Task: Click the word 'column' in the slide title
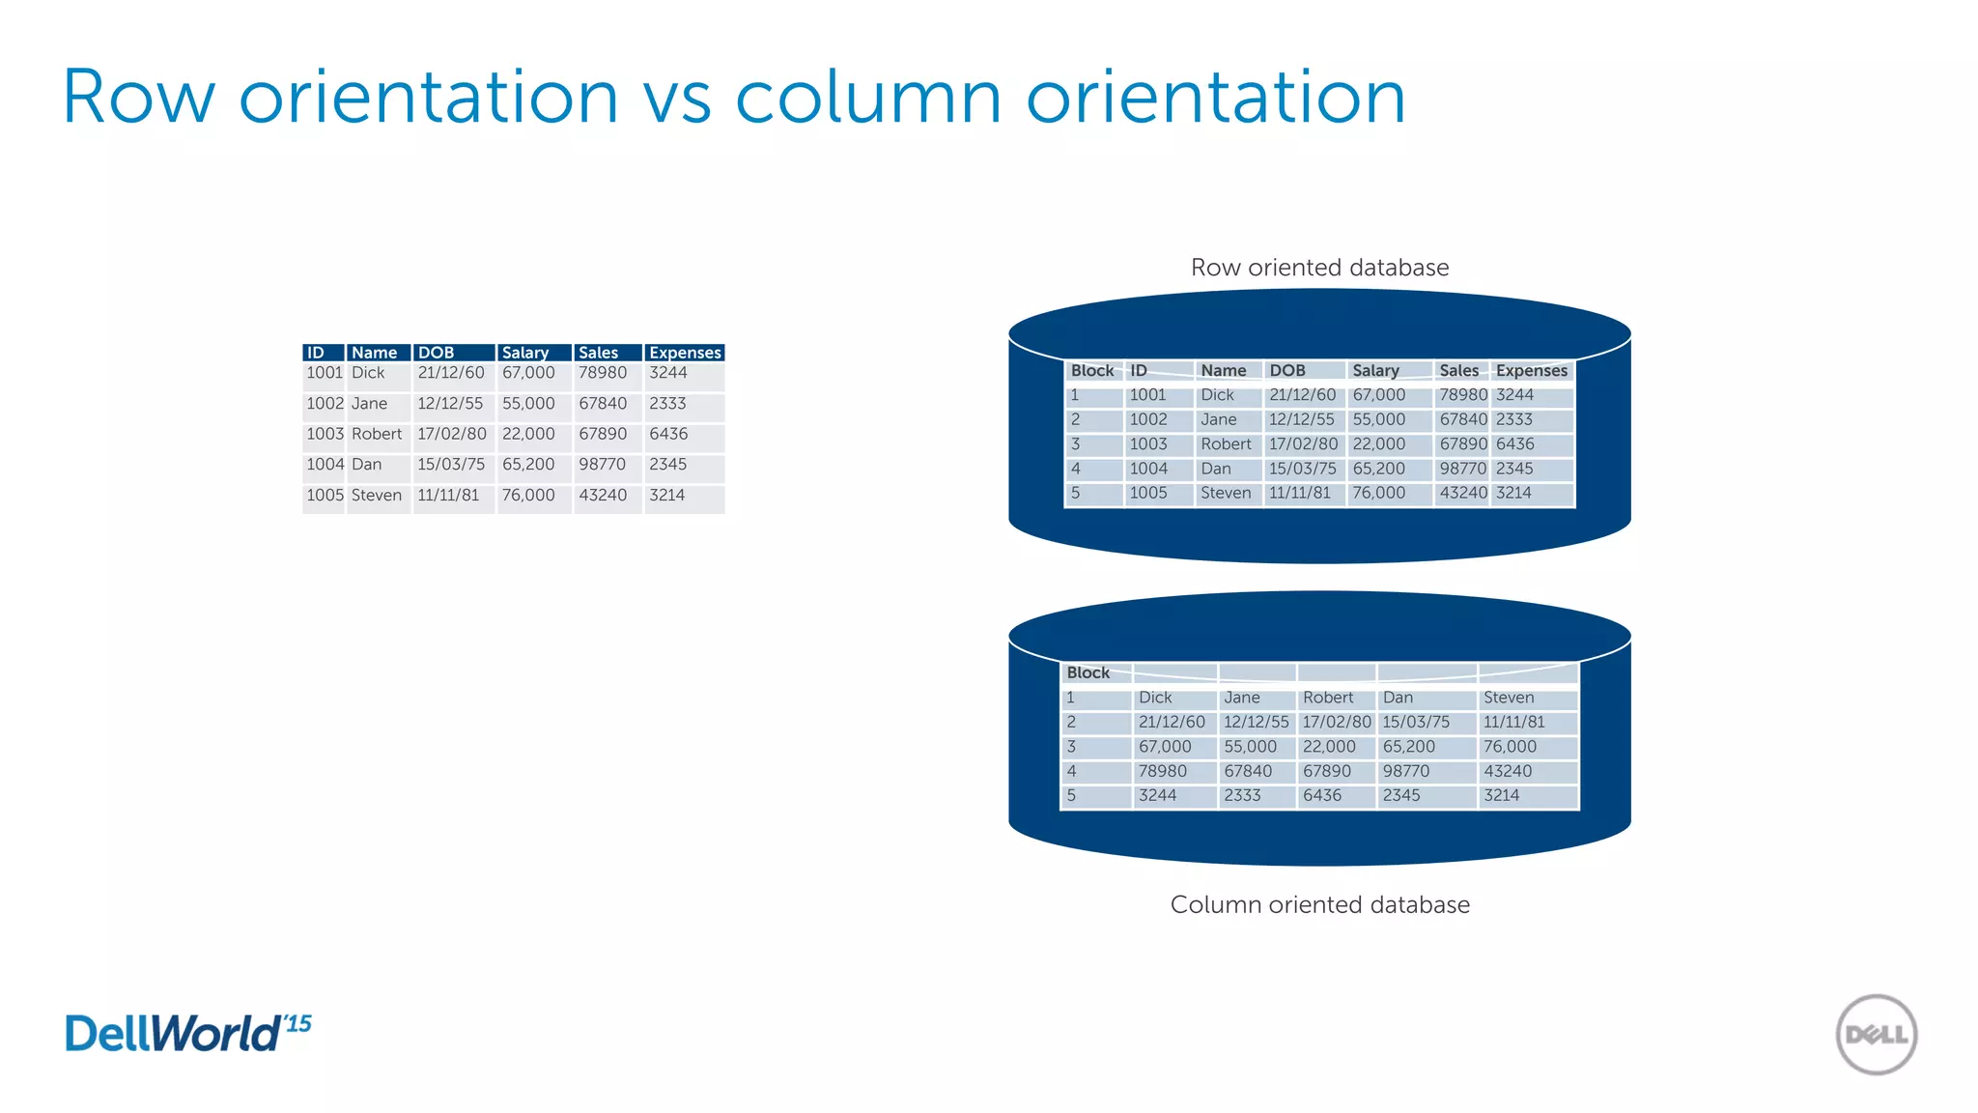coord(867,98)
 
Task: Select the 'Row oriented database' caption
coord(1319,268)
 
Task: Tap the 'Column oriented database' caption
coord(1319,905)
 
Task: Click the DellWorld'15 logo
coord(188,1033)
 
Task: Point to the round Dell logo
coord(1876,1035)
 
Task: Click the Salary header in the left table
coord(525,353)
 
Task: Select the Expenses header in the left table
coord(685,353)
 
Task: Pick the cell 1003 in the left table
coord(325,435)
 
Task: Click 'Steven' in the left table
coord(376,496)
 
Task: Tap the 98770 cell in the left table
coord(602,465)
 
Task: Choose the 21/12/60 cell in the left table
coord(451,373)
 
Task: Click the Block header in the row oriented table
coord(1092,371)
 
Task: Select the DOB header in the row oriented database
coord(1287,371)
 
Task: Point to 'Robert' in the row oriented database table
coord(1226,444)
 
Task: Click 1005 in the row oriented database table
coord(1148,493)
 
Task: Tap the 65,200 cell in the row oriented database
coord(1378,469)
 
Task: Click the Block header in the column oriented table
coord(1088,673)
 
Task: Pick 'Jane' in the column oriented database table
coord(1242,698)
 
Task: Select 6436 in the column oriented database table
coord(1322,795)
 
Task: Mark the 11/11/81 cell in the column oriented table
coord(1513,723)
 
